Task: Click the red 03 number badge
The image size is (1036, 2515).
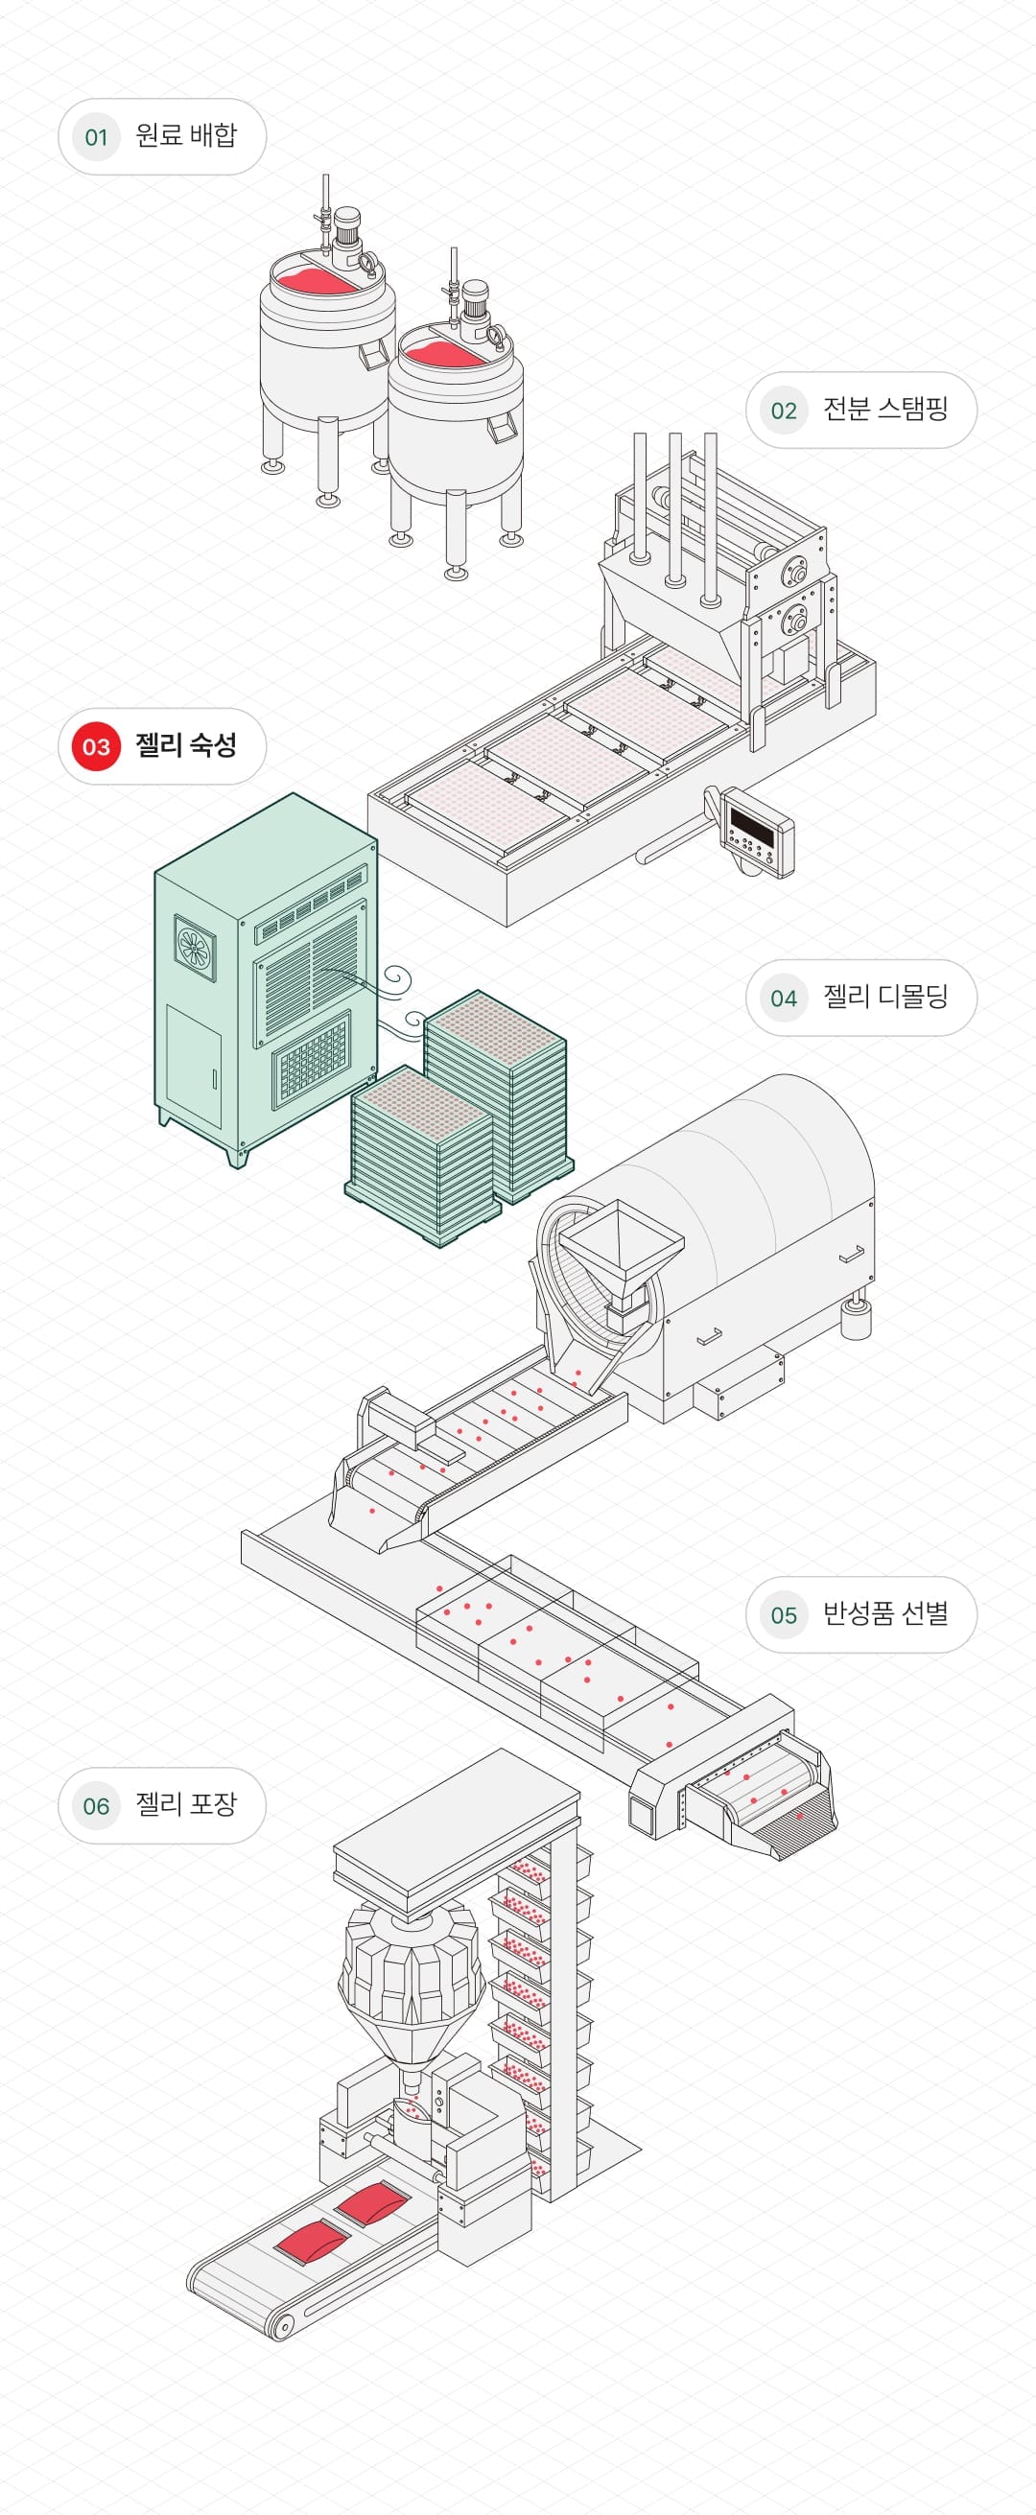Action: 96,747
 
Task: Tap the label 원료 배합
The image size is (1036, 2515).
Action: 185,135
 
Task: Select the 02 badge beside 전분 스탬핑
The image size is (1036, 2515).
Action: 783,411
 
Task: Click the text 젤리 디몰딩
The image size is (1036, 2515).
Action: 884,997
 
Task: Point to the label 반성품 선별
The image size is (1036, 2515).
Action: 884,1614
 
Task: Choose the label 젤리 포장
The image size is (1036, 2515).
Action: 185,1804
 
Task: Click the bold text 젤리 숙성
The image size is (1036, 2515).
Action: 185,747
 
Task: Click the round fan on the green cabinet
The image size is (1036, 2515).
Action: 195,946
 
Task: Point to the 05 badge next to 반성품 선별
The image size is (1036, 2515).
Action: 783,1615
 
